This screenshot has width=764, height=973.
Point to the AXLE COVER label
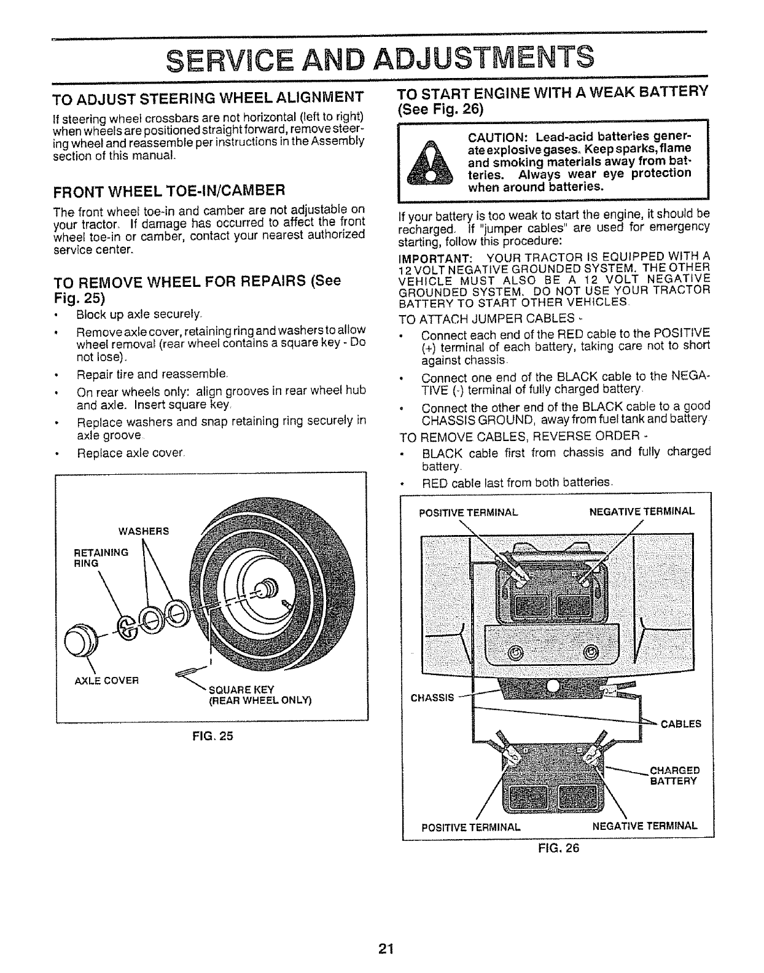coord(107,680)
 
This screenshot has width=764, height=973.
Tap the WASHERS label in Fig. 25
coord(145,530)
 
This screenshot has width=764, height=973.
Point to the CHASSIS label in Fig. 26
coord(432,697)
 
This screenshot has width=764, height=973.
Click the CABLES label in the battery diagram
coord(680,724)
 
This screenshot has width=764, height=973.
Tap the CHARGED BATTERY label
coord(674,776)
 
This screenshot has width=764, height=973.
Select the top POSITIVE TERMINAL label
coord(469,512)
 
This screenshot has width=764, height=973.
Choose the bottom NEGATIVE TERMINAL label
coord(644,825)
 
